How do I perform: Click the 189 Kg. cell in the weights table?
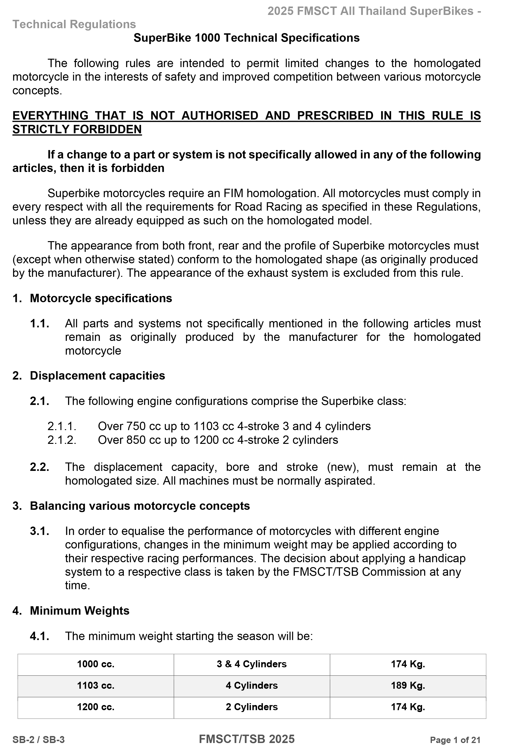(408, 685)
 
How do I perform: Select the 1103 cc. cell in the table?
(96, 685)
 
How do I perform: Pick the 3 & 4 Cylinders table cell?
(251, 664)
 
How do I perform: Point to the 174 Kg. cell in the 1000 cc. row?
(408, 664)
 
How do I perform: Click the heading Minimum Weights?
(79, 611)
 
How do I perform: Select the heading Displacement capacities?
(97, 376)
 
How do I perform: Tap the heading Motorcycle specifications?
(101, 298)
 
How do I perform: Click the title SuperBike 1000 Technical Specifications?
(246, 38)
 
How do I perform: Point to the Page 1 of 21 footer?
(455, 740)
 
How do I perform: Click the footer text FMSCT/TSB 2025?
(247, 739)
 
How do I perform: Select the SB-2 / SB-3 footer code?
(38, 740)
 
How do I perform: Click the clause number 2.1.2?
(62, 440)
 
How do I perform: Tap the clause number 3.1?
(39, 531)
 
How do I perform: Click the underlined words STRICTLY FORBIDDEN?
(77, 129)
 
